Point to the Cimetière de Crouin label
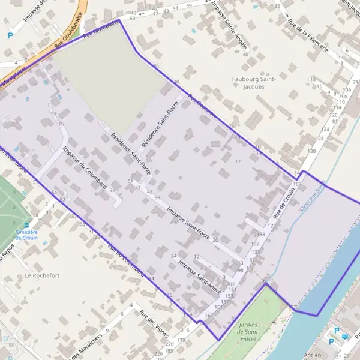(x=26, y=234)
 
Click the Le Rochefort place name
(x=43, y=275)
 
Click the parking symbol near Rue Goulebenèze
(x=10, y=35)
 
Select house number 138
(x=311, y=151)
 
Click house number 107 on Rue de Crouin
(x=297, y=184)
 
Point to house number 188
(x=261, y=235)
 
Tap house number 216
(x=184, y=331)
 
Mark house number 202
(x=231, y=284)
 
